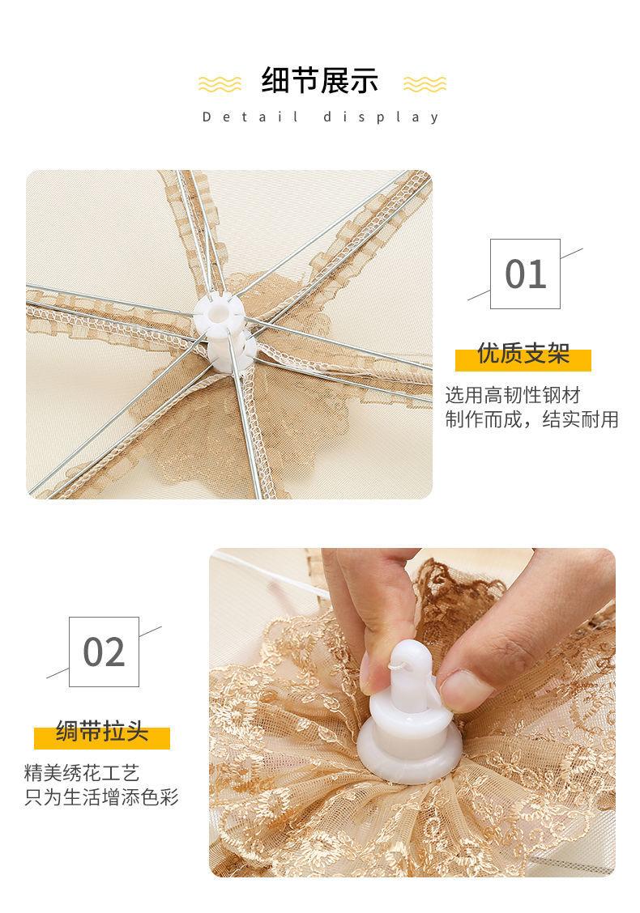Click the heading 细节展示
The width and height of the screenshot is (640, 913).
pyautogui.click(x=320, y=80)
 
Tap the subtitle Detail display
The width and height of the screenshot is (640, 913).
pyautogui.click(x=321, y=117)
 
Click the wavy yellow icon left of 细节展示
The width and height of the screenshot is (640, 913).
pyautogui.click(x=220, y=84)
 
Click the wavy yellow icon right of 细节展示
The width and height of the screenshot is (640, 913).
pyautogui.click(x=425, y=84)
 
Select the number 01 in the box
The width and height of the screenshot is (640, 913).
pyautogui.click(x=526, y=274)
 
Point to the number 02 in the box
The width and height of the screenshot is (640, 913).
pyautogui.click(x=105, y=652)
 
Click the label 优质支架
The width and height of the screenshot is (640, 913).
pyautogui.click(x=523, y=354)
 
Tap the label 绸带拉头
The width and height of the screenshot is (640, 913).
pyautogui.click(x=102, y=732)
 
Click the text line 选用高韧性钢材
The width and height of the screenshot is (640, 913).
pyautogui.click(x=513, y=395)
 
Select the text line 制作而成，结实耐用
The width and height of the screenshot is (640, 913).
pyautogui.click(x=532, y=419)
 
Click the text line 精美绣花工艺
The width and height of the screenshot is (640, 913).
pyautogui.click(x=82, y=773)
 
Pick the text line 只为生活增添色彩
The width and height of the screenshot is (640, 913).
pyautogui.click(x=101, y=796)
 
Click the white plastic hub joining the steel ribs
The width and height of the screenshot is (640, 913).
pyautogui.click(x=225, y=332)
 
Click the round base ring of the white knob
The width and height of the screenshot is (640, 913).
pyautogui.click(x=410, y=751)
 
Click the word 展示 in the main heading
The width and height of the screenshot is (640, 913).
pyautogui.click(x=350, y=80)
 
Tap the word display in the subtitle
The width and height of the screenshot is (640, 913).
pyautogui.click(x=382, y=117)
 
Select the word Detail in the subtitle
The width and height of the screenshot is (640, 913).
pyautogui.click(x=250, y=117)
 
